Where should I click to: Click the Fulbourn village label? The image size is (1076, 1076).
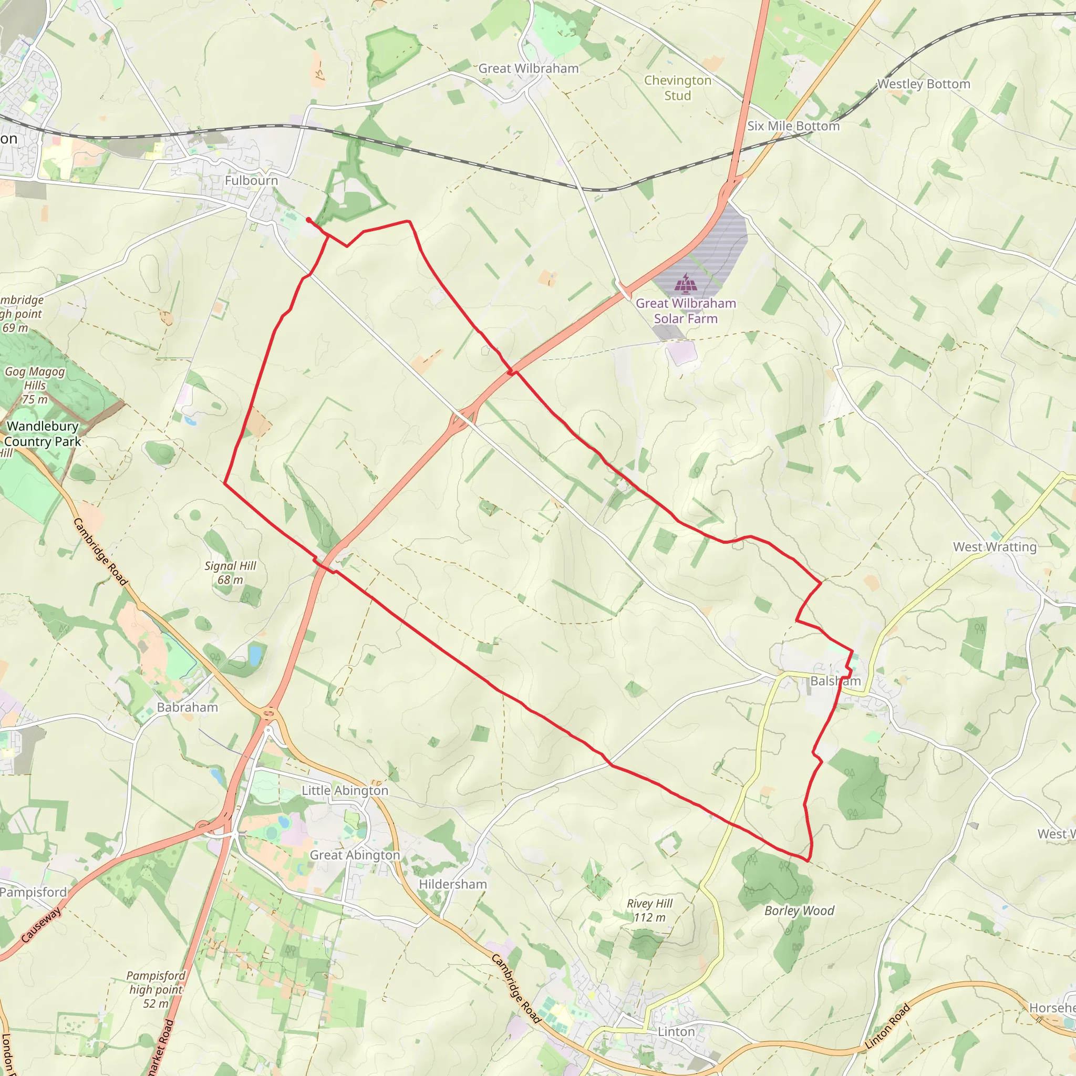point(251,180)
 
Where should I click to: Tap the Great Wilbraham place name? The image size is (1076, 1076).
point(529,68)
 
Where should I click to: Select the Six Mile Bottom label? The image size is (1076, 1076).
point(793,126)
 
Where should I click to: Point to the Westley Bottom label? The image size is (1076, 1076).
point(924,84)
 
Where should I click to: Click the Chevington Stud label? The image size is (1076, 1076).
point(678,88)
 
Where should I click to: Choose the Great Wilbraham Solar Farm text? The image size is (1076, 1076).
point(686,311)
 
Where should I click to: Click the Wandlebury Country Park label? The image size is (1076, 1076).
point(43,433)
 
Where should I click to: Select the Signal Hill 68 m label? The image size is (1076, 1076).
point(230,573)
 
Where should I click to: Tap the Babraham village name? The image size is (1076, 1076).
point(187,707)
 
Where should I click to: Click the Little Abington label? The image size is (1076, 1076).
point(345,790)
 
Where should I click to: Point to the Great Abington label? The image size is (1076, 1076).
point(355,855)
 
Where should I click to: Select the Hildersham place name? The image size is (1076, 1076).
point(453,884)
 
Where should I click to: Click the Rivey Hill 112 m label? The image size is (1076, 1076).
point(649,910)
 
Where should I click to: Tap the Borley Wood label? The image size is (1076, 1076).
point(799,911)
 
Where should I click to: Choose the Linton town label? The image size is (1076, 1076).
point(676,1031)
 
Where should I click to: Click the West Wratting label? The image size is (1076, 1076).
point(995,546)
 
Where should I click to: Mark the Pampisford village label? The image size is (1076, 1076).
point(34,892)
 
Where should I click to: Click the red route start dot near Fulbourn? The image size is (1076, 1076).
point(308,220)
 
